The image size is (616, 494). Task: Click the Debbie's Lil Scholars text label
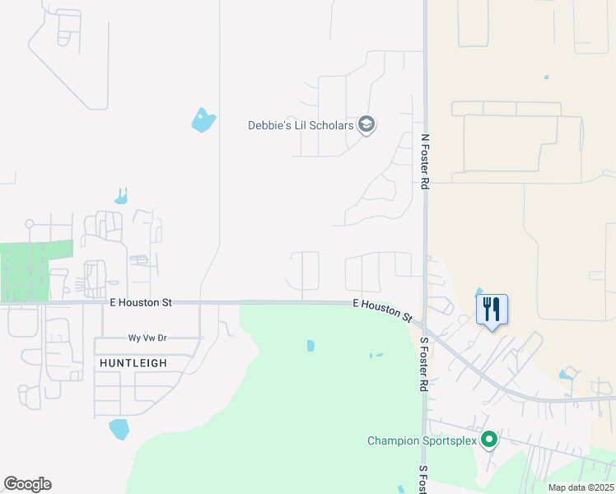point(301,125)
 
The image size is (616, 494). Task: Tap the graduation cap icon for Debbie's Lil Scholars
point(366,125)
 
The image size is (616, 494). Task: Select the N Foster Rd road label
point(425,162)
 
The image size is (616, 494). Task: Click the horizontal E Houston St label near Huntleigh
point(141,303)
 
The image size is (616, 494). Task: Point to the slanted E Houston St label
point(382,310)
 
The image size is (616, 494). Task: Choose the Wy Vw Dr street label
point(147,338)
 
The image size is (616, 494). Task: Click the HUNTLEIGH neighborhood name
point(133,362)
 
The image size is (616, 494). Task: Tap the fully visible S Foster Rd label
point(425,363)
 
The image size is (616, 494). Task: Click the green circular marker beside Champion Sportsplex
point(489,440)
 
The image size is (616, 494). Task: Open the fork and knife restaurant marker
point(492,310)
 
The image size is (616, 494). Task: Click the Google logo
point(27,484)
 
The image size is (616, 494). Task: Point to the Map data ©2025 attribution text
point(580,487)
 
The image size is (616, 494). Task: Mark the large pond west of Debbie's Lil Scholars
point(203,121)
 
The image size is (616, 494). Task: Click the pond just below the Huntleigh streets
point(119,429)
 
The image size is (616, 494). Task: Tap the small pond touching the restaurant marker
point(479,291)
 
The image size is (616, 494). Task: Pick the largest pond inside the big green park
point(310,346)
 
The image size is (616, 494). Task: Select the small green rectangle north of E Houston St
point(33,269)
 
